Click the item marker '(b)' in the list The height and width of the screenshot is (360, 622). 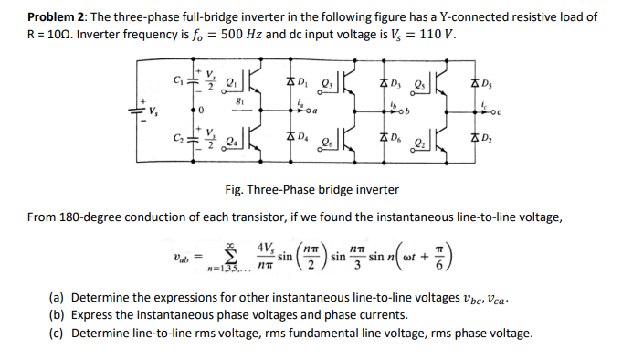coord(58,315)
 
